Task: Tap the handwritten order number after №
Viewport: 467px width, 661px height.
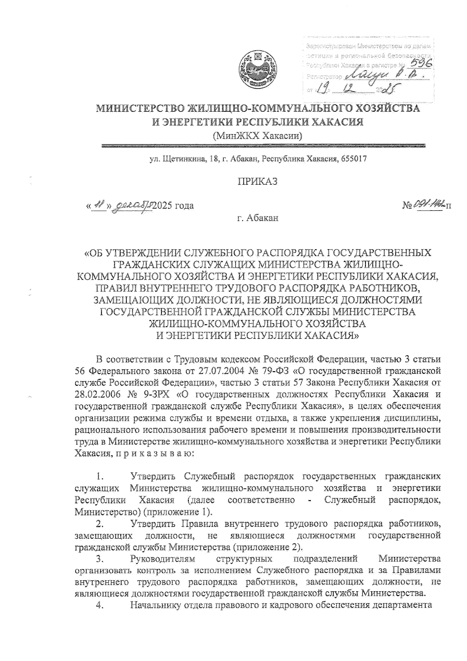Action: pos(427,204)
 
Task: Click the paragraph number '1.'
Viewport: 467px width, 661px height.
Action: pos(100,476)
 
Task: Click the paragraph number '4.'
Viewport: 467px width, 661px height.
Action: pos(99,606)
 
